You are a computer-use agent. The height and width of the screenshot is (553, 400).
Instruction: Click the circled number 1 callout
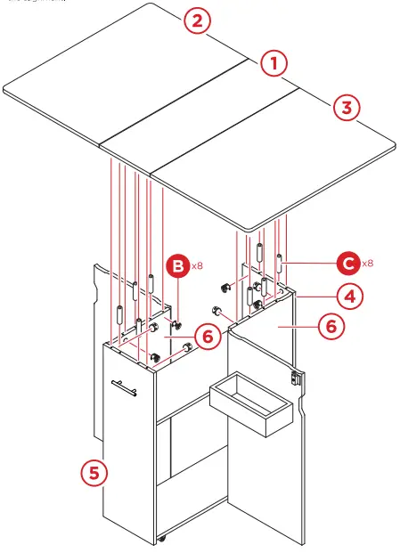274,63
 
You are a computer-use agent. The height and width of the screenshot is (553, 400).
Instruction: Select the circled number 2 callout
198,21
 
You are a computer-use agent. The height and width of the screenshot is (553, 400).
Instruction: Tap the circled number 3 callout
347,108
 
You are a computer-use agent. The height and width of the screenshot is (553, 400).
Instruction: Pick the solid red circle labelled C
348,263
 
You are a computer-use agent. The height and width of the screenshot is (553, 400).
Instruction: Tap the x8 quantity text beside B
198,265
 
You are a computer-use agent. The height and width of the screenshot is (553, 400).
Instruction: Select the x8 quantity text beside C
367,264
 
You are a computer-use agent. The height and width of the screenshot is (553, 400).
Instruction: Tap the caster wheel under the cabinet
163,539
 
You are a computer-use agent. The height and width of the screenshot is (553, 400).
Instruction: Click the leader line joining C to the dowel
309,263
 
